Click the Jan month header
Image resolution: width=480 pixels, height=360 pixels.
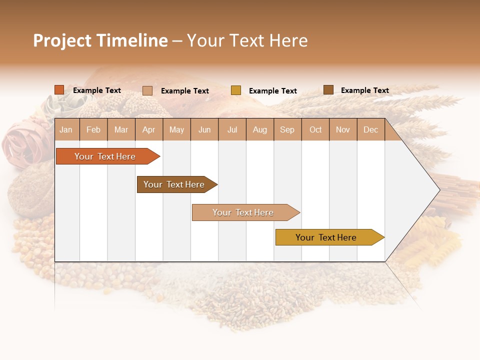click(66, 129)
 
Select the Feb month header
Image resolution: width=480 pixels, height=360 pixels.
click(93, 129)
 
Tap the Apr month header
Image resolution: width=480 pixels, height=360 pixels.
click(149, 129)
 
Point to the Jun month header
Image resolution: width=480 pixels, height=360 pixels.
click(204, 129)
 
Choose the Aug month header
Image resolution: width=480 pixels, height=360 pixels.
click(260, 129)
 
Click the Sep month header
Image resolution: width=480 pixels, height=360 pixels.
click(287, 129)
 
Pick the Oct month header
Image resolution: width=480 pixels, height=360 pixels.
click(315, 129)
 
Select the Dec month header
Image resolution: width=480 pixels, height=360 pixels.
click(371, 129)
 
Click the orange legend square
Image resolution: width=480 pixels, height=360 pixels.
click(59, 90)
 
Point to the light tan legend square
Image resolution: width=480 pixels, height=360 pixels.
click(147, 90)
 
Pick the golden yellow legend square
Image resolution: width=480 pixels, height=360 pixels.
click(236, 90)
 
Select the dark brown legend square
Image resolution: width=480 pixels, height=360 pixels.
click(328, 90)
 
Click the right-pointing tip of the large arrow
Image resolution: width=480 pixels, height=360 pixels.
click(438, 190)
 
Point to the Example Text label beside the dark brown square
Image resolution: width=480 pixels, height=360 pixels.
click(364, 90)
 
